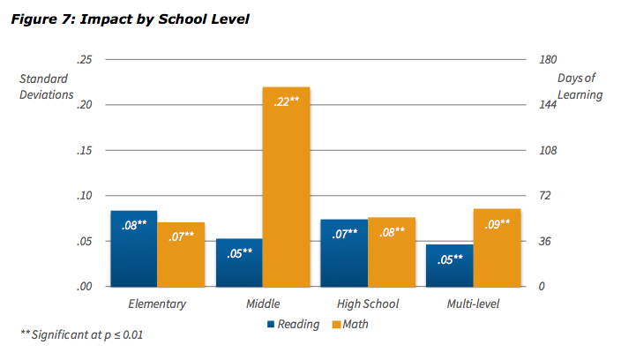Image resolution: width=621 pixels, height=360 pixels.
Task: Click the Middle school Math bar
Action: click(x=287, y=187)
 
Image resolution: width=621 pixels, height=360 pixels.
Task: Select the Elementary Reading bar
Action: click(x=134, y=249)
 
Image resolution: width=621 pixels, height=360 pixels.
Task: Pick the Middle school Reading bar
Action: click(x=239, y=262)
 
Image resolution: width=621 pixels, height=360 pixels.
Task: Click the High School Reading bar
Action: click(x=344, y=252)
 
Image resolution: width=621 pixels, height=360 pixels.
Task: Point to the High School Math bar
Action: click(x=392, y=251)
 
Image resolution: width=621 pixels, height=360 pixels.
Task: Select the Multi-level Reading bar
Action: click(x=449, y=265)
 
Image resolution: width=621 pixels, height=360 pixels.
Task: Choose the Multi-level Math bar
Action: click(x=497, y=247)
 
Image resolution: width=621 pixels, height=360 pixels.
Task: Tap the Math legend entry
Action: click(x=349, y=324)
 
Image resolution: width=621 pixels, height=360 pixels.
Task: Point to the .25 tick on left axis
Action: click(x=85, y=59)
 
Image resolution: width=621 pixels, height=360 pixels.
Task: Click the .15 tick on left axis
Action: click(x=85, y=150)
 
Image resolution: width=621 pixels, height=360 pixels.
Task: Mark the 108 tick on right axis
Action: click(x=548, y=150)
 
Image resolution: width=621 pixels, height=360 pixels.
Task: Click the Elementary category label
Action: click(x=158, y=304)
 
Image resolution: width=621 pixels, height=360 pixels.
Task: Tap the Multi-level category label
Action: click(x=474, y=304)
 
